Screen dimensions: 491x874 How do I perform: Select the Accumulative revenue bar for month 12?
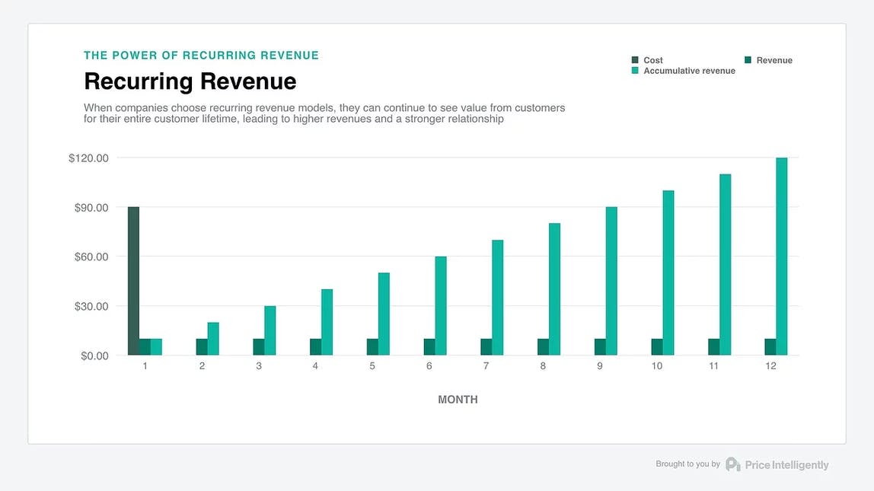tap(781, 257)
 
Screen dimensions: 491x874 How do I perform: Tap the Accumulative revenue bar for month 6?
tap(441, 305)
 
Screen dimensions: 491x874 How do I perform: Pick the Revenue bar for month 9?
tap(600, 347)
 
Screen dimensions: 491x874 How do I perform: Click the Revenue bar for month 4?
tap(315, 347)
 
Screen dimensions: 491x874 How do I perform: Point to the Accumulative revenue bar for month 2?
tap(213, 339)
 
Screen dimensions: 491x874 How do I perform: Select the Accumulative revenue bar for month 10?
tap(668, 273)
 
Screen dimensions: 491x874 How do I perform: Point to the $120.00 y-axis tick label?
tap(88, 158)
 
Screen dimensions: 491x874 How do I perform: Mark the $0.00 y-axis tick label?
tap(94, 355)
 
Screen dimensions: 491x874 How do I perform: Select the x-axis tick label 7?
tap(486, 366)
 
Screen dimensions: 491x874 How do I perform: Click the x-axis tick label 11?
tap(713, 366)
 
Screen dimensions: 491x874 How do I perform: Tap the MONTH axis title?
tap(458, 400)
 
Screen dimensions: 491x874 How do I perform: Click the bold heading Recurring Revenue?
tap(190, 81)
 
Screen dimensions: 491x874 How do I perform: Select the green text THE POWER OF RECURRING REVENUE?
tap(201, 56)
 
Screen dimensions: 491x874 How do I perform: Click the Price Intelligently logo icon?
tap(732, 464)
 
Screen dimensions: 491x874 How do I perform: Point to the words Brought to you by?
tap(687, 464)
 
